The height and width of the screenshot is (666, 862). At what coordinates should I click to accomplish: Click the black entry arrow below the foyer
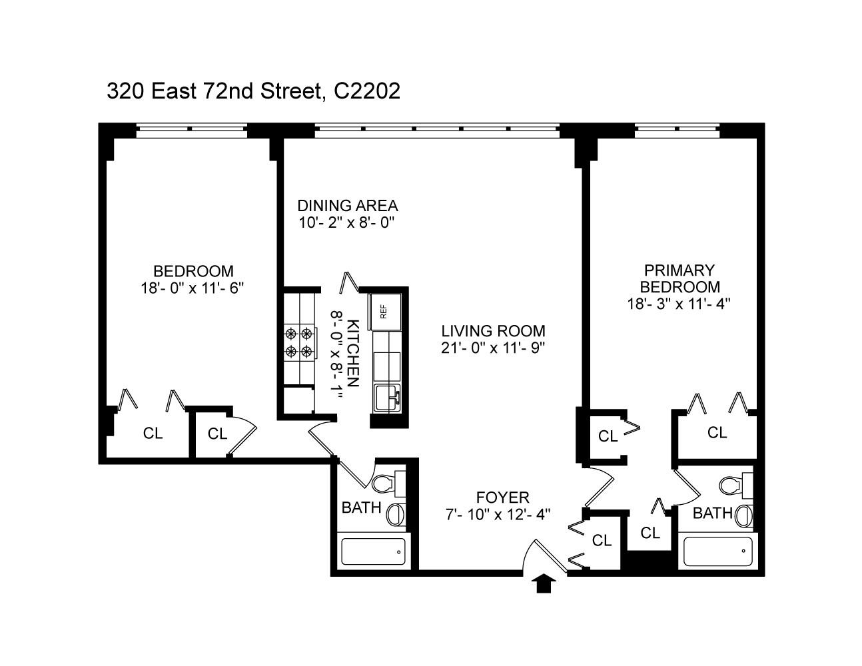(545, 583)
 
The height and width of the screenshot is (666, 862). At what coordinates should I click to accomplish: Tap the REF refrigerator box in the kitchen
(384, 310)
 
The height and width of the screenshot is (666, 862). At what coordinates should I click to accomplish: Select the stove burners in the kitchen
(298, 342)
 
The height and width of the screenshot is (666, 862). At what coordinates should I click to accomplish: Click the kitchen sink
(386, 398)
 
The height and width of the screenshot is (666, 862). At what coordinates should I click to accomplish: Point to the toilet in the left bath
(385, 483)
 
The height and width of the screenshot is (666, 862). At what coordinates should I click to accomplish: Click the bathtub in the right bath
(718, 551)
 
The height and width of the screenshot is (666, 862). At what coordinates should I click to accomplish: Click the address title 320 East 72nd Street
(214, 91)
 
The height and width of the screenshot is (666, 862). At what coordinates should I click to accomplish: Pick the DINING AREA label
(347, 205)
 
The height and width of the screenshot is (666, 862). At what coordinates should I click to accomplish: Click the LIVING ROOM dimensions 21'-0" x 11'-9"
(493, 348)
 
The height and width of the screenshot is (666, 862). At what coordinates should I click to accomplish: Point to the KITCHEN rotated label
(354, 353)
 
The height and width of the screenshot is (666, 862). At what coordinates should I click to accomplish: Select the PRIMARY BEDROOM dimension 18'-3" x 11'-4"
(679, 304)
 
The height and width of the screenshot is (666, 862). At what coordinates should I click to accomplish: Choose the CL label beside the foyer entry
(602, 540)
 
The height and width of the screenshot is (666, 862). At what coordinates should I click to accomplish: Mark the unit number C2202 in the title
(367, 91)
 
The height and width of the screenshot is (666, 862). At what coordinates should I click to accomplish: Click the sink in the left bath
(396, 514)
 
